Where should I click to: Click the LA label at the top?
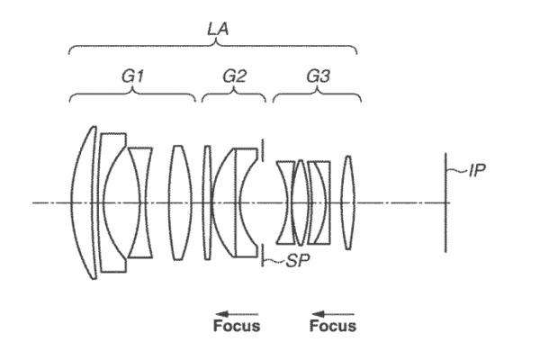point(217,30)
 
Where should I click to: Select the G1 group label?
point(134,77)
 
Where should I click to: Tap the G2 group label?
point(234,77)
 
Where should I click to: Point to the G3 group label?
point(318,77)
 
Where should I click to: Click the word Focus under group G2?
point(237,326)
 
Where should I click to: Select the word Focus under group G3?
point(333,326)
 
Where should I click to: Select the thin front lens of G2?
point(207,202)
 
